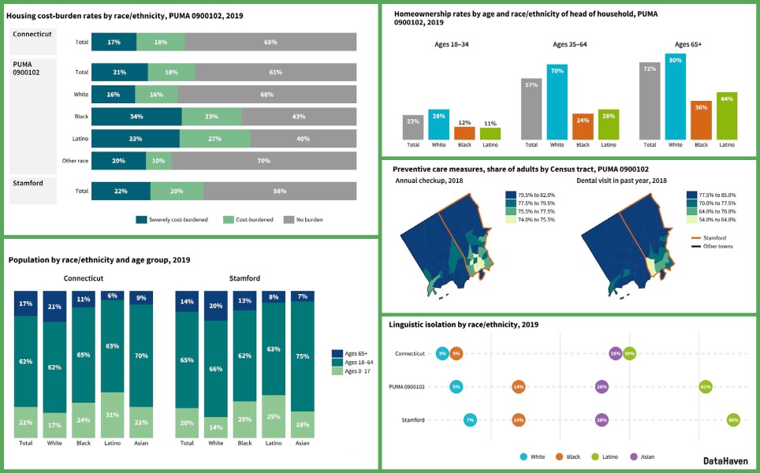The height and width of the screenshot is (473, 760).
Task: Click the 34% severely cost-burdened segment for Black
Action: point(136,117)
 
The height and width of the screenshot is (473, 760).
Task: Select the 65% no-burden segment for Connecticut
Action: point(270,42)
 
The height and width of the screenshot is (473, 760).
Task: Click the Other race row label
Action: point(74,161)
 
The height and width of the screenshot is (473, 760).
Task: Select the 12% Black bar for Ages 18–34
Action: point(464,132)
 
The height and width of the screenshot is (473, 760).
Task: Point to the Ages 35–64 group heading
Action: point(570,45)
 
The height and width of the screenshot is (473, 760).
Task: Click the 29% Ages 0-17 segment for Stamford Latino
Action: point(274,415)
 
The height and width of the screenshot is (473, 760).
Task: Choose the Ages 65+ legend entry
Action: point(352,353)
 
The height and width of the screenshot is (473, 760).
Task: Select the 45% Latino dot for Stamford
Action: point(732,420)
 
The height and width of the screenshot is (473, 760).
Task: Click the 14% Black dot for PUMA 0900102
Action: point(518,387)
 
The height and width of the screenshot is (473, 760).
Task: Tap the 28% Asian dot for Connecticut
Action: point(615,354)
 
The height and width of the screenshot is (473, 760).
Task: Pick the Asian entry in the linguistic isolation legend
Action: point(639,456)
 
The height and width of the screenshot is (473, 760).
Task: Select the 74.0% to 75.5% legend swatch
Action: point(511,220)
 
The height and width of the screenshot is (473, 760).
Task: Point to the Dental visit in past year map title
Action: point(622,181)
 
